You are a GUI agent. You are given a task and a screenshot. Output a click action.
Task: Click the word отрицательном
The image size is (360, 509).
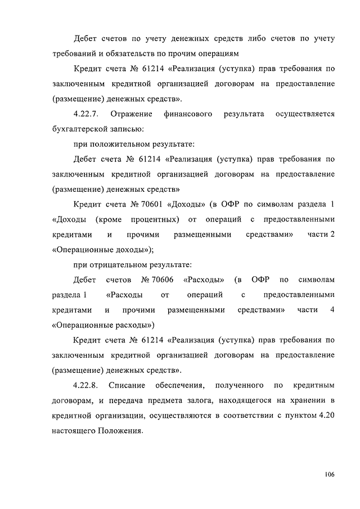(120, 264)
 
